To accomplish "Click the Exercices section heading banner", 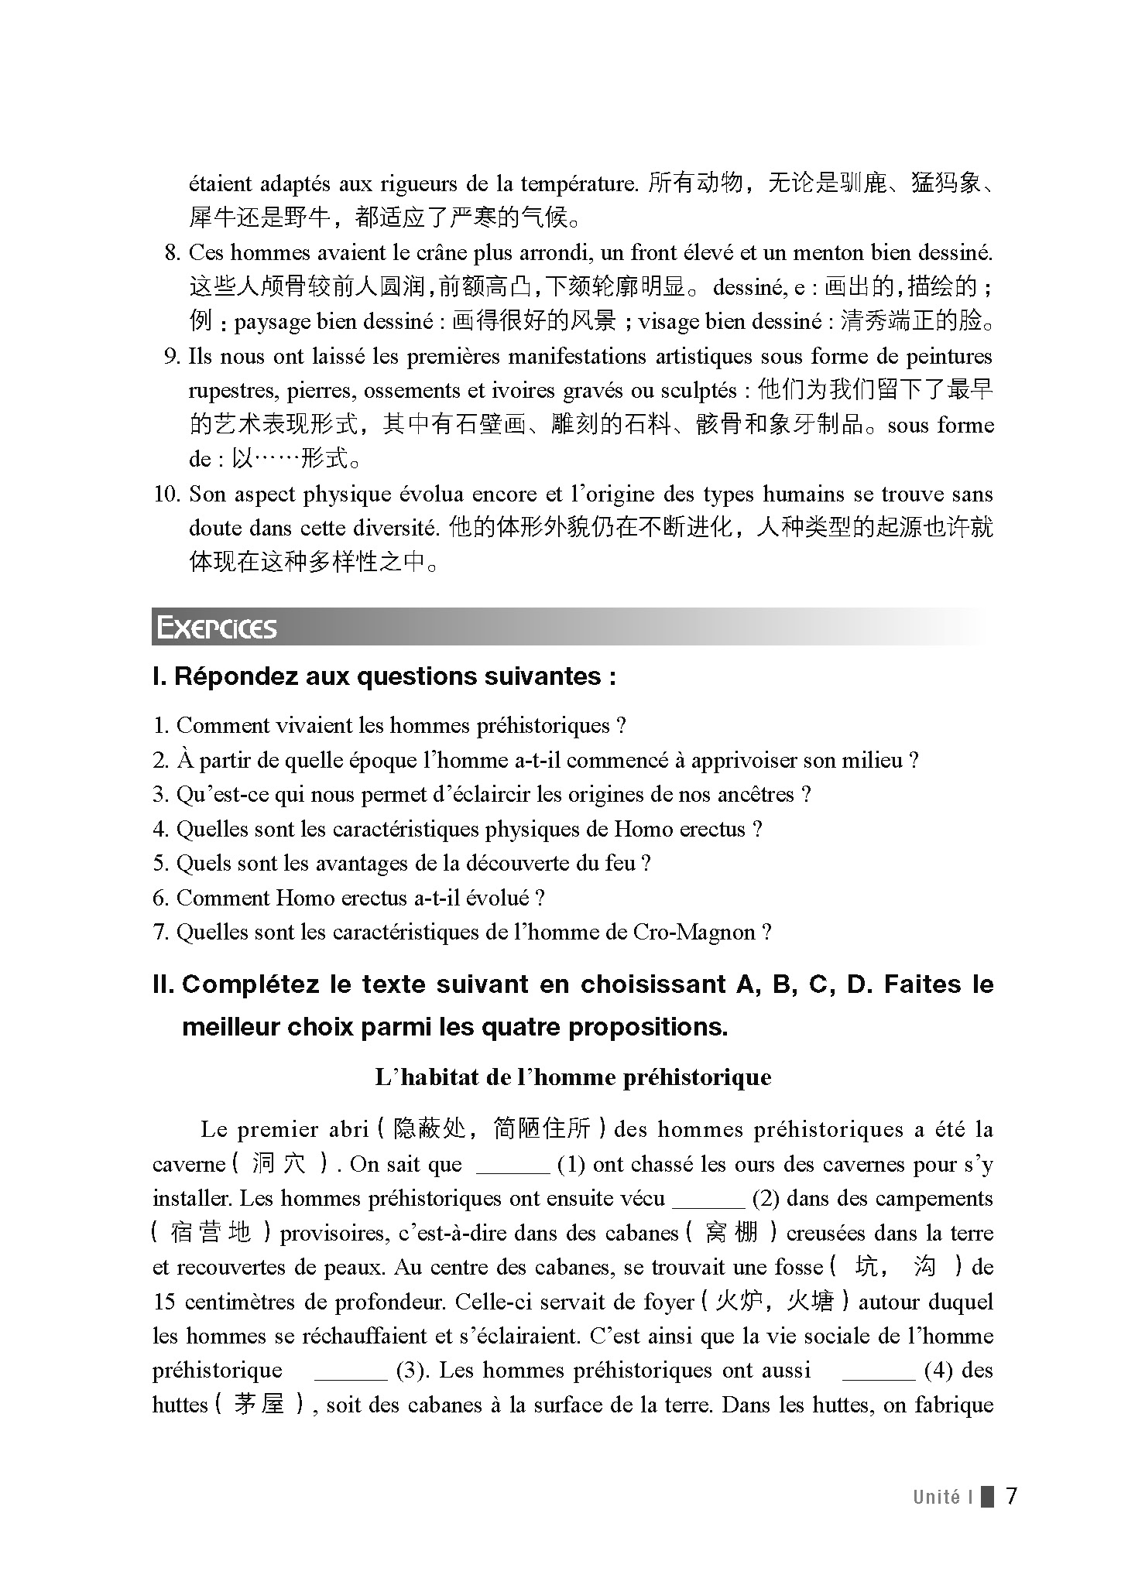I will pos(217,628).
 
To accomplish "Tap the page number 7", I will pos(1011,1496).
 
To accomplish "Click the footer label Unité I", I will pos(941,1497).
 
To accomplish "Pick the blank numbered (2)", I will pos(708,1200).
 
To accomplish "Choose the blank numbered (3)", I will pos(350,1371).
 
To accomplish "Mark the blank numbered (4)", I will pos(878,1371).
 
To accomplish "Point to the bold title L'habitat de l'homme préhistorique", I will pos(573,1077).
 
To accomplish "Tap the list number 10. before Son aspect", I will pos(166,495).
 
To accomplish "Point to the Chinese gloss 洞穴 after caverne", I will pos(279,1165).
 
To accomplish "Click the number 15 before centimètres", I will pos(164,1302).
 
